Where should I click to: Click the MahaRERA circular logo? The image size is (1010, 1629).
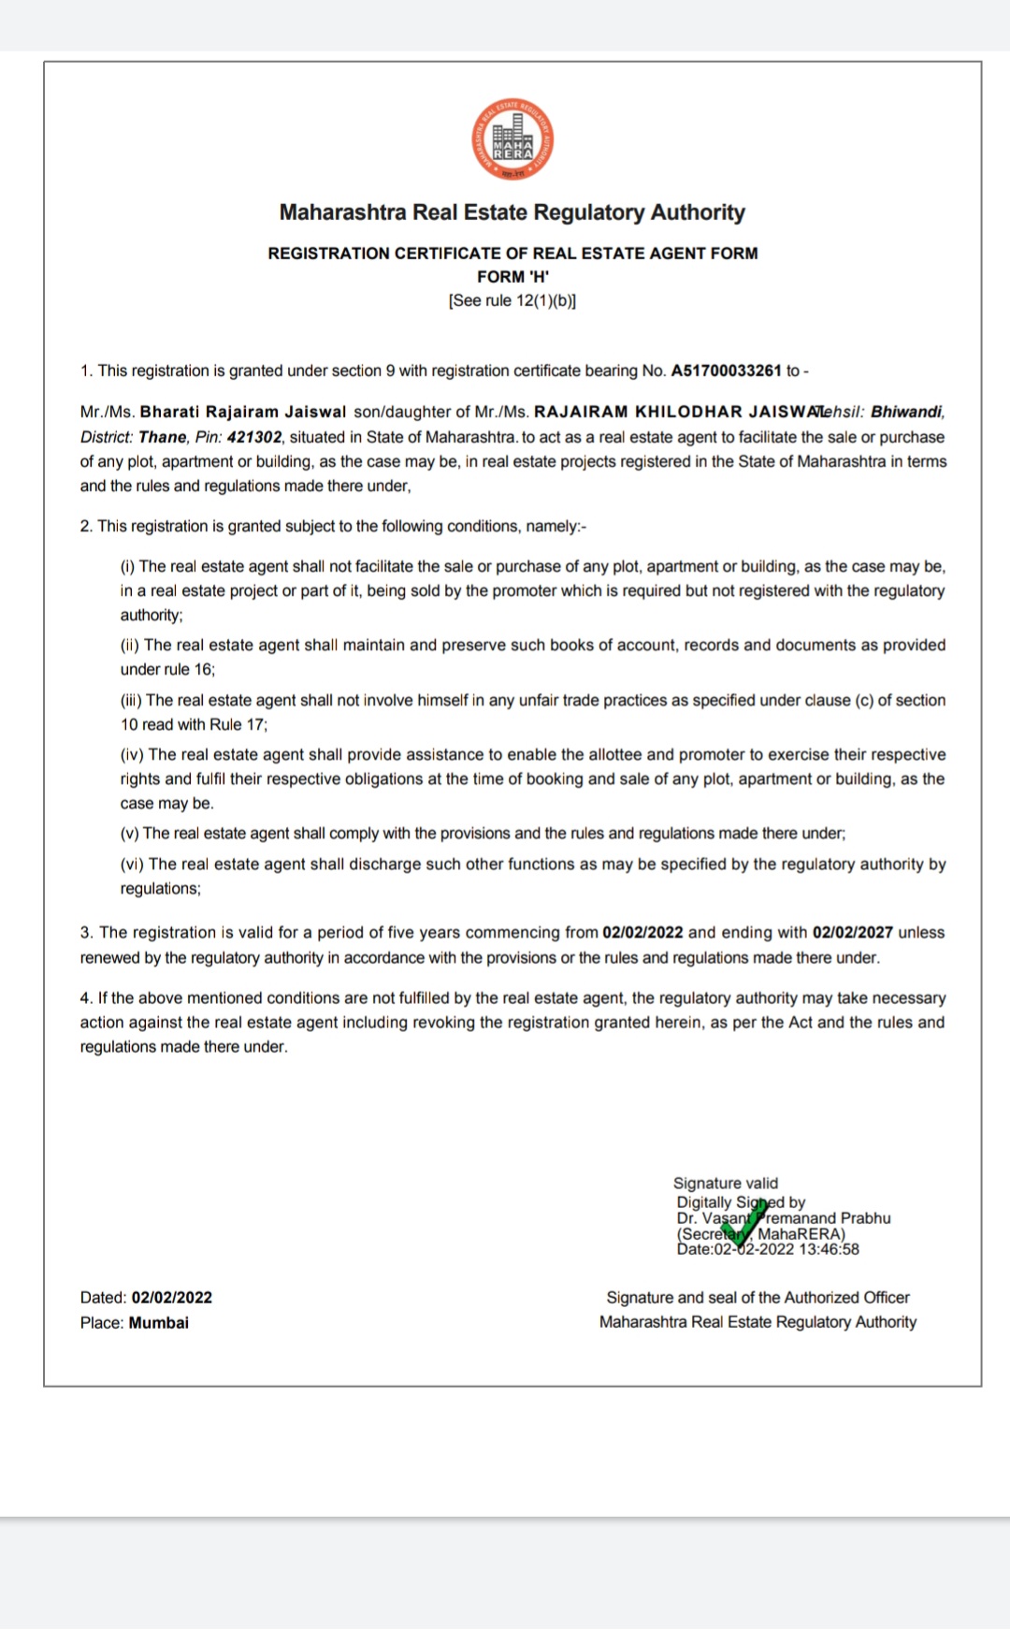[x=512, y=139]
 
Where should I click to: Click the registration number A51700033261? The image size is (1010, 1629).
[x=726, y=371]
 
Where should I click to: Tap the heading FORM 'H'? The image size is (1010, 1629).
[x=512, y=277]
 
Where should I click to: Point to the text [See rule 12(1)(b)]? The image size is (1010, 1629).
[x=512, y=300]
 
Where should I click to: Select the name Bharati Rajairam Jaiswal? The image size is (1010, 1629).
[x=243, y=412]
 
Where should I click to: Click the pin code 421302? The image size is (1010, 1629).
[x=254, y=437]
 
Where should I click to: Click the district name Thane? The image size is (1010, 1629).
[x=163, y=437]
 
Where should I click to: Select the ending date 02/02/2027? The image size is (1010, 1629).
[x=852, y=933]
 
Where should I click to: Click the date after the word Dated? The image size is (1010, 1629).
[x=172, y=1298]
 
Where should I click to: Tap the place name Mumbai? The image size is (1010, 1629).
[x=159, y=1323]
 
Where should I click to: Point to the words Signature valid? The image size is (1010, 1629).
[x=726, y=1184]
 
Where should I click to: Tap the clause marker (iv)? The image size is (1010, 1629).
[x=132, y=755]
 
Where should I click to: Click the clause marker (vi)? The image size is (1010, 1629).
[x=132, y=865]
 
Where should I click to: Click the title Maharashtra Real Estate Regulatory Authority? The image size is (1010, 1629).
[x=512, y=212]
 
